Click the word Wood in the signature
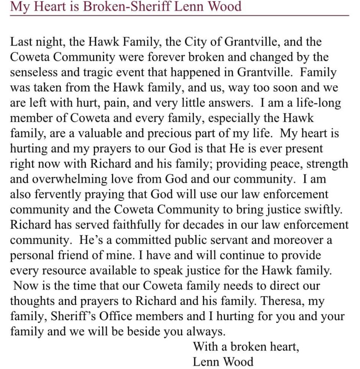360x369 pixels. pos(238,362)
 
